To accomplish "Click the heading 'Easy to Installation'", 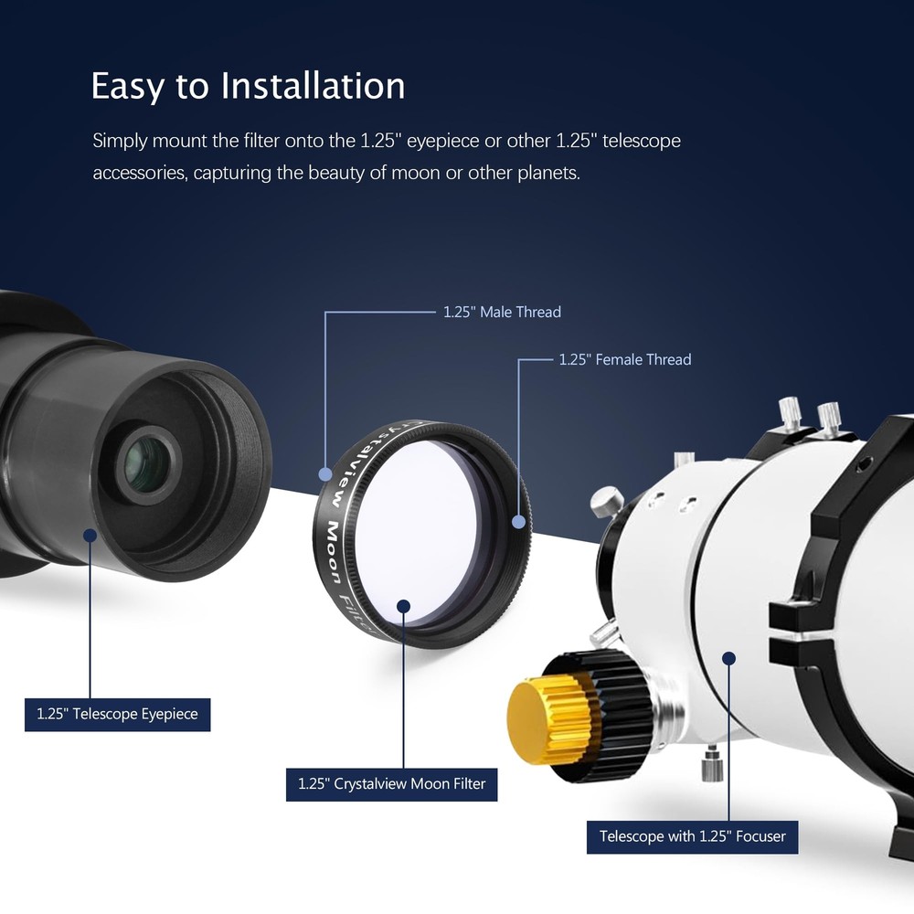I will click(248, 86).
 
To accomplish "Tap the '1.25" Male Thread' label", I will click(502, 313).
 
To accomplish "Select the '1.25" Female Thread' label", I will click(625, 360).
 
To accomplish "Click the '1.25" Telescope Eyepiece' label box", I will click(117, 714).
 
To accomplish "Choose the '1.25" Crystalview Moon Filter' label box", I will click(391, 784).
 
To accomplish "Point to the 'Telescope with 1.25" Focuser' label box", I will click(692, 836).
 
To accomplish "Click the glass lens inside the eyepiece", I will click(146, 462).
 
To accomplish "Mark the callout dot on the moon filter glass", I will click(404, 605).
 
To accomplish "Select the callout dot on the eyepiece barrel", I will click(90, 535).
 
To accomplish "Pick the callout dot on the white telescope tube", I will click(728, 657).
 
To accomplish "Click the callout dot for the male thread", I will click(325, 473).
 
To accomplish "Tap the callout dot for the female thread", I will click(518, 522).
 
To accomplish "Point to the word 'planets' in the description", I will click(548, 173).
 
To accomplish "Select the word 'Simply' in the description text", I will click(120, 142).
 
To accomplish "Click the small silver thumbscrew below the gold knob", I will click(712, 762).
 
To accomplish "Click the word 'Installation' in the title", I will click(313, 86).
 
